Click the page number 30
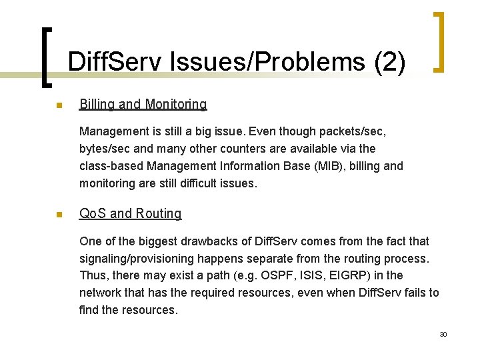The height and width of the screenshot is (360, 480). tap(443, 334)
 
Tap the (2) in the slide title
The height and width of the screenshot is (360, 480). tap(390, 63)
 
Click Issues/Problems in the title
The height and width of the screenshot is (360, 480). tap(267, 63)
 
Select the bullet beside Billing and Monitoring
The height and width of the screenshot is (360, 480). tap(59, 105)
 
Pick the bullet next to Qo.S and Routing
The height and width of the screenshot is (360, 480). tap(59, 215)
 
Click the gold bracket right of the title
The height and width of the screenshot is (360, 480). tap(439, 41)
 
